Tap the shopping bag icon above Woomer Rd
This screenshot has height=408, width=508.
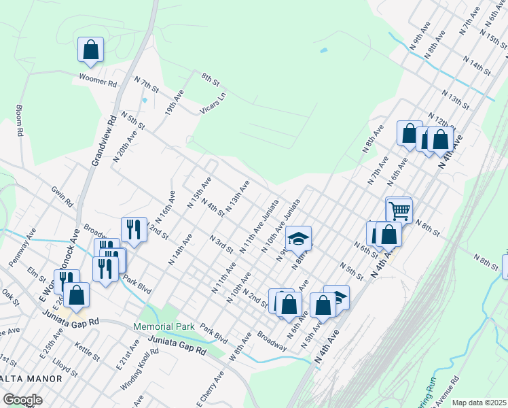pyautogui.click(x=90, y=50)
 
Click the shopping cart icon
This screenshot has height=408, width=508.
pyautogui.click(x=399, y=210)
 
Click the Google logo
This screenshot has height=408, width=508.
pyautogui.click(x=22, y=400)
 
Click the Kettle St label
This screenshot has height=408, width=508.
pyautogui.click(x=87, y=353)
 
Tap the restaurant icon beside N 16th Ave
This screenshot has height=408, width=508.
pyautogui.click(x=134, y=231)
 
